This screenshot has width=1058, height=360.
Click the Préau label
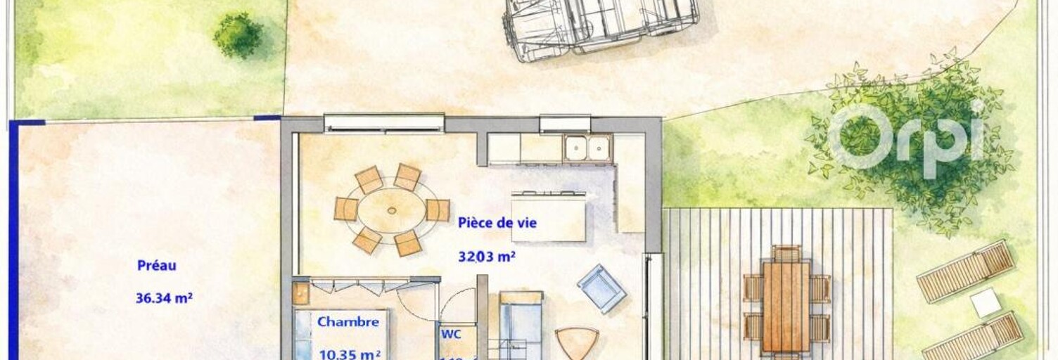[156, 266]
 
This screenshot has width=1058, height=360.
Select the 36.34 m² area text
[164, 298]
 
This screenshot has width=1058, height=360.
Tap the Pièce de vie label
[497, 223]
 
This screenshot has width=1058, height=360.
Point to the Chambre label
[348, 322]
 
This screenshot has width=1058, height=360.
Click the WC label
[451, 335]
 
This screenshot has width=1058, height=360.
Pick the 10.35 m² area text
[350, 354]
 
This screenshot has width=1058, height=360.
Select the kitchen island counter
[549, 215]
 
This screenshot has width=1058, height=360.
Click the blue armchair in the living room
[601, 288]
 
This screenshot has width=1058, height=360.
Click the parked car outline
[601, 26]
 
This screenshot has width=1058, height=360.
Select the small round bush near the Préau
[238, 34]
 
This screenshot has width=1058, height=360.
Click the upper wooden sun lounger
[965, 270]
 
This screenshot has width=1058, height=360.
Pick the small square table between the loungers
[985, 303]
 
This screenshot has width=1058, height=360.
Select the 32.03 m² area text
[487, 257]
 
